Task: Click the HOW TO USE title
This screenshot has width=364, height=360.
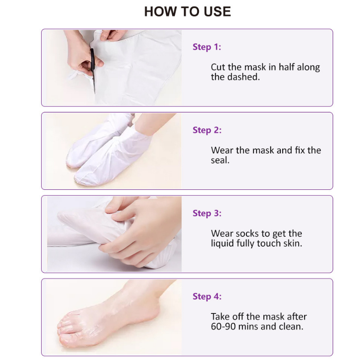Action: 187,12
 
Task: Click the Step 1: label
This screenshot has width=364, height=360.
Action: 207,47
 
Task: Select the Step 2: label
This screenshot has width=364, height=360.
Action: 207,130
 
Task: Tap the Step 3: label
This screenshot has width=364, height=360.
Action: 207,213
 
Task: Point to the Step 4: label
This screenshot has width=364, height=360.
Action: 207,296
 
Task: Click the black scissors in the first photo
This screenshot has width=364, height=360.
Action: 93,67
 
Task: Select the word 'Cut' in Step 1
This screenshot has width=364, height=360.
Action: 218,68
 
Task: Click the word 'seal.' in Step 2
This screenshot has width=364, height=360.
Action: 220,160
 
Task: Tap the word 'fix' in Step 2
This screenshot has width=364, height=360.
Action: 300,150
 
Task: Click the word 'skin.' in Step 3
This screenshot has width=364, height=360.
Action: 293,244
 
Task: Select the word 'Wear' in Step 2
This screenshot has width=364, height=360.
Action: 222,150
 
